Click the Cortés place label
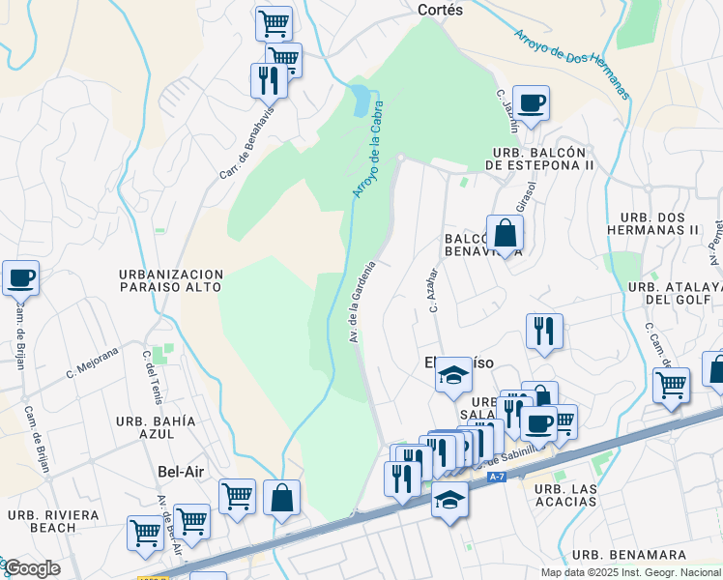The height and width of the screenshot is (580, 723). [440, 10]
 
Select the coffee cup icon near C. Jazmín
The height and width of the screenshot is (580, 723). [531, 103]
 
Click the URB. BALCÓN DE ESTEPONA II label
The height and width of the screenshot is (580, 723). [540, 159]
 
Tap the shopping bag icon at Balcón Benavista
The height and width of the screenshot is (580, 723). [505, 233]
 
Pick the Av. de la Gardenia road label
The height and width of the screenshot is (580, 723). [361, 302]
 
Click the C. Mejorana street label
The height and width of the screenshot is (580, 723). [91, 364]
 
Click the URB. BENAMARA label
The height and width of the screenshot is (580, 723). [628, 555]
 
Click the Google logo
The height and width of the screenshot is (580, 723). [31, 568]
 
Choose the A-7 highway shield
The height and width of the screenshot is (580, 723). [497, 477]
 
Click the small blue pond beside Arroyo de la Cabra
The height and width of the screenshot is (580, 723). [360, 99]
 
